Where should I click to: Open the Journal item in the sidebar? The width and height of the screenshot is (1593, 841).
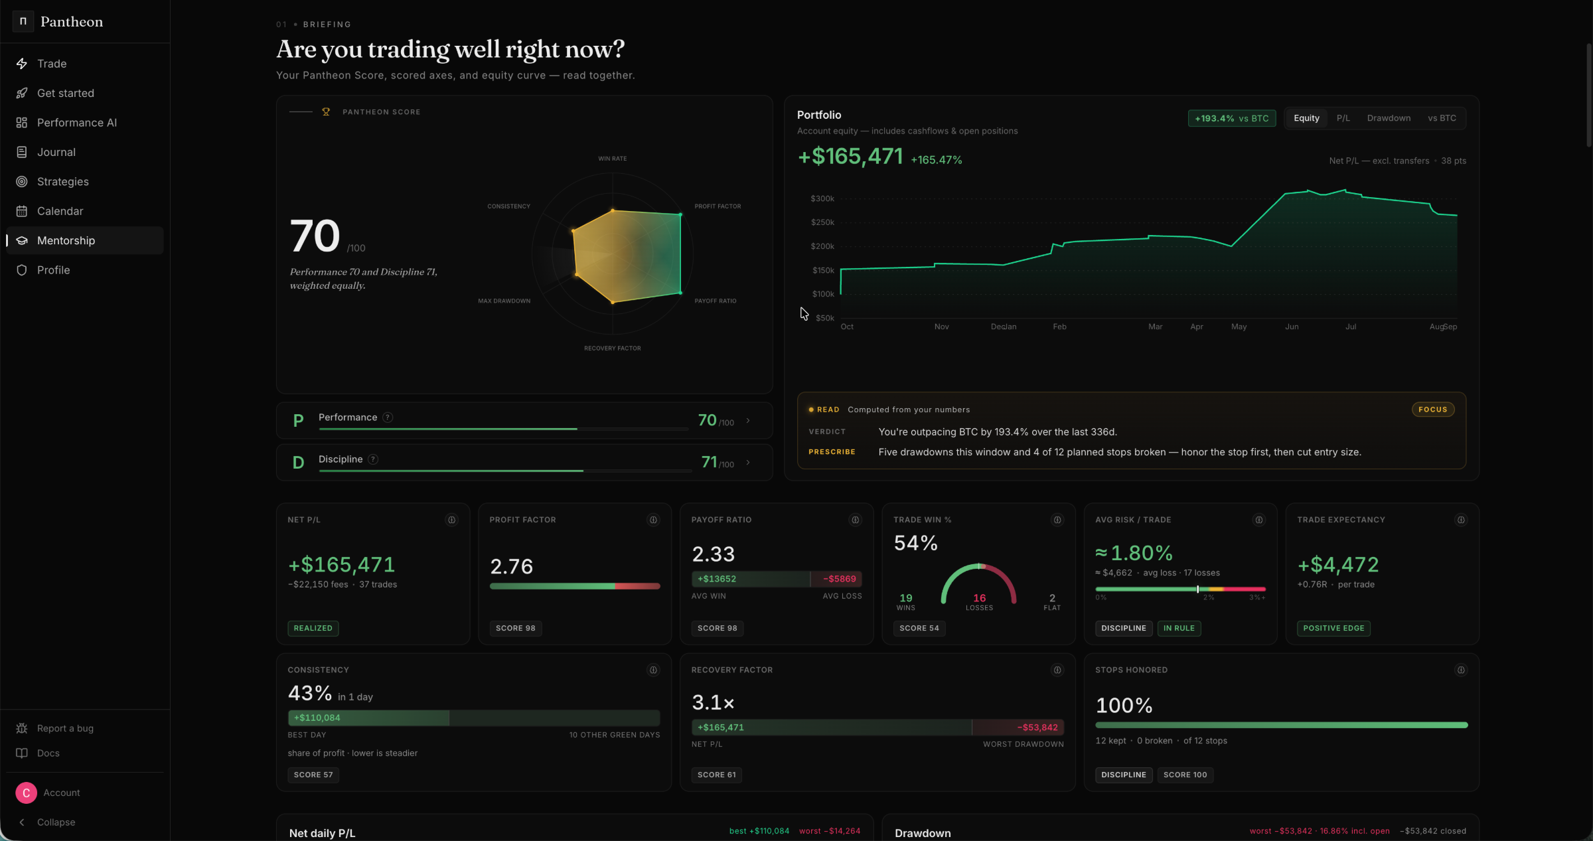(x=56, y=152)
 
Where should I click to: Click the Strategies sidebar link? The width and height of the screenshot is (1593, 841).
(x=62, y=181)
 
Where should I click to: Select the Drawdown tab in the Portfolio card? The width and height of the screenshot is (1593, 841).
(x=1389, y=118)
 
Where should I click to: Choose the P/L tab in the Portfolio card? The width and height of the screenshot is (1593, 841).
(x=1343, y=118)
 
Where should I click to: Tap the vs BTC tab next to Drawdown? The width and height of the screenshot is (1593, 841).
(x=1442, y=118)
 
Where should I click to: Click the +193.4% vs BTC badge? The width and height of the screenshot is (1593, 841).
(x=1232, y=118)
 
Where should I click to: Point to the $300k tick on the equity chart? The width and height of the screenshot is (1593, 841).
(x=822, y=198)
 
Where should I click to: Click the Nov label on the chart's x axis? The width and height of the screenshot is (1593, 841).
(x=941, y=327)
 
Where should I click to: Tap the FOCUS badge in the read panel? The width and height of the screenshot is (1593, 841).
(x=1432, y=410)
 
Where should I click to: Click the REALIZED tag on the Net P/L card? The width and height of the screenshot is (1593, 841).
(x=313, y=628)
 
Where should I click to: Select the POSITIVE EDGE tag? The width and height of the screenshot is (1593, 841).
(x=1333, y=628)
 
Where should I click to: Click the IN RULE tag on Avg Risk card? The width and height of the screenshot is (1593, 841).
(x=1179, y=628)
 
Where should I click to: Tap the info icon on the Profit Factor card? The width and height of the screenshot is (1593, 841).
(x=653, y=520)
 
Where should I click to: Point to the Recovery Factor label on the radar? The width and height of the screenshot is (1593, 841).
(x=612, y=348)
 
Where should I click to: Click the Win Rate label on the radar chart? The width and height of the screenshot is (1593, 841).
(x=612, y=159)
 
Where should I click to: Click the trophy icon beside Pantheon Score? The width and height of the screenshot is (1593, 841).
(x=326, y=112)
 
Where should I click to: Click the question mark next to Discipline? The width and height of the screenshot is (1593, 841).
(x=373, y=459)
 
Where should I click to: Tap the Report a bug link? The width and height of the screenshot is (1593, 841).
(x=65, y=728)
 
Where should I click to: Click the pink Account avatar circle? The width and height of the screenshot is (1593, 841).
(x=26, y=793)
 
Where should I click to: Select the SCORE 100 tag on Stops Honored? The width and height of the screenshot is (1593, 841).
(x=1185, y=775)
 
